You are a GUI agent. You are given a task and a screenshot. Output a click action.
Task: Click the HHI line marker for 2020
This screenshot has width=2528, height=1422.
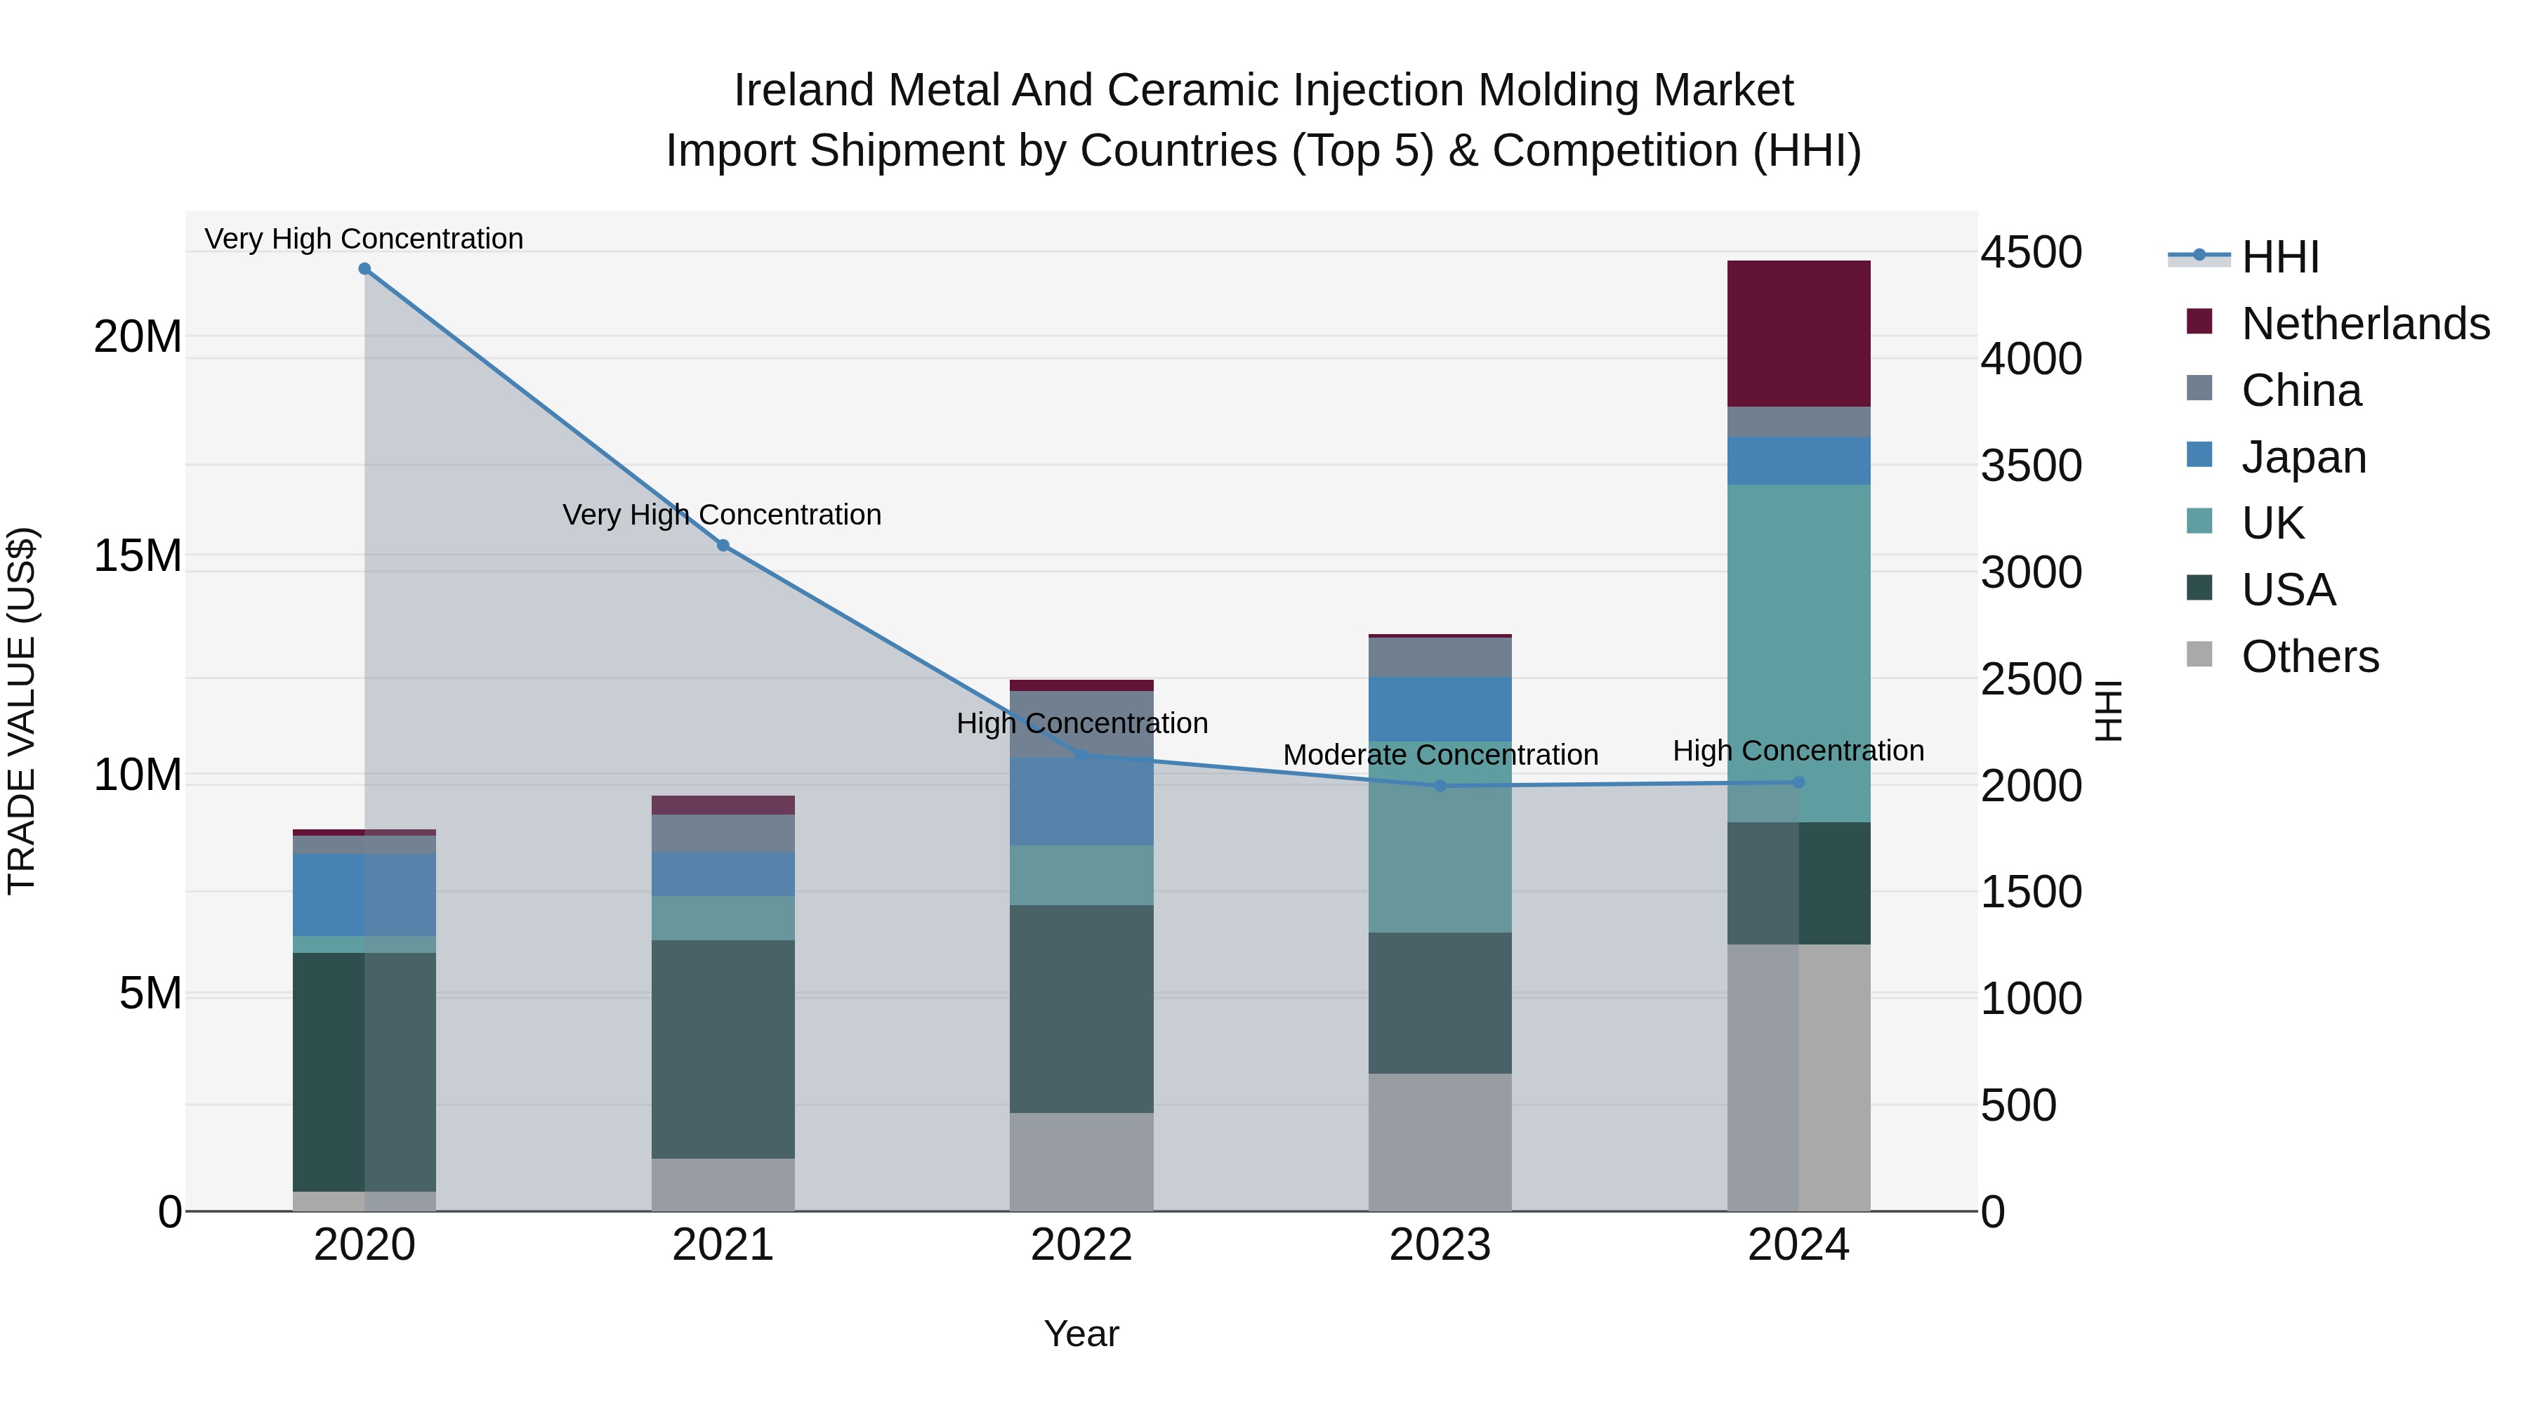364,269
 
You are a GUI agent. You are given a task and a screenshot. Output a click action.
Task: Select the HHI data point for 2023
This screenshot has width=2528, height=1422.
1440,786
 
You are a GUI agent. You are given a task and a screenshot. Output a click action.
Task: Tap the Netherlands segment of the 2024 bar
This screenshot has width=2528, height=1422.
1798,334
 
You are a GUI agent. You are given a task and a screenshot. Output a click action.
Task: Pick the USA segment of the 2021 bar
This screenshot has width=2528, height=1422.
723,1049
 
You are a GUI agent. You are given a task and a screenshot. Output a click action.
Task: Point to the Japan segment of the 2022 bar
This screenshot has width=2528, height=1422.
1081,801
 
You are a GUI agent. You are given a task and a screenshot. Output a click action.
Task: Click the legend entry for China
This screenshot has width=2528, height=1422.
2300,390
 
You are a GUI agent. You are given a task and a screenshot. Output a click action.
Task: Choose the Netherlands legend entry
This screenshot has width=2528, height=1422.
2365,324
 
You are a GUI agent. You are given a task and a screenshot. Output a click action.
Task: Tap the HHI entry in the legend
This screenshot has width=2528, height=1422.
2279,257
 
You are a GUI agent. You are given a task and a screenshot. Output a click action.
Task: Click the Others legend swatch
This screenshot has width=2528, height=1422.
2199,654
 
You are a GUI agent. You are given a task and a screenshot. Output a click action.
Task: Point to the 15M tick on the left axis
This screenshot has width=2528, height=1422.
138,555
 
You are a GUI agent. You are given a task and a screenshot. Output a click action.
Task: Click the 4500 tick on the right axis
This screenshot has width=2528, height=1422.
2030,252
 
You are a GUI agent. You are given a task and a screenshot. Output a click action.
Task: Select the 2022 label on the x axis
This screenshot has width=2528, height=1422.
1081,1245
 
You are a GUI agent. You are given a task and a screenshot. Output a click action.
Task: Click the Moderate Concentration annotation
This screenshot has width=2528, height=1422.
1440,755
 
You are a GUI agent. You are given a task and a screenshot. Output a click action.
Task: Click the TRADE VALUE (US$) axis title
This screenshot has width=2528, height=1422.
22,711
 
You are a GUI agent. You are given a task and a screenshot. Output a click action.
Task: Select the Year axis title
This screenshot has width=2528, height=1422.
1081,1334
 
